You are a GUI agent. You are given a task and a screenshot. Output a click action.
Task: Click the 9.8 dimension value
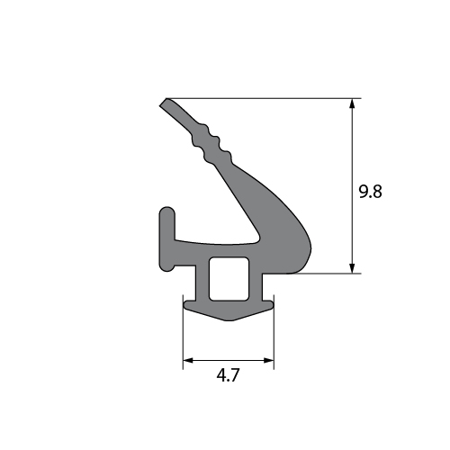point(371,192)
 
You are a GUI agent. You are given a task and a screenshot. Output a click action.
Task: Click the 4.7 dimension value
point(229,375)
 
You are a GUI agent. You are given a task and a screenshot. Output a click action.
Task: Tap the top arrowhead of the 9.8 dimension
point(353,103)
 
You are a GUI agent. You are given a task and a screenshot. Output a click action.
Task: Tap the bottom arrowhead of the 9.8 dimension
point(353,268)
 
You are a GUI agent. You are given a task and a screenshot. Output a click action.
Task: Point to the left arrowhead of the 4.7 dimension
point(188,360)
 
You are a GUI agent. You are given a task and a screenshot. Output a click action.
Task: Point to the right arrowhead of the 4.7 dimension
point(268,360)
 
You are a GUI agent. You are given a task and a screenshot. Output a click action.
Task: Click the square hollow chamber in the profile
point(229,278)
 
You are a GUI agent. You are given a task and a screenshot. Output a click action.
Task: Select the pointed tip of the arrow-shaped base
point(229,320)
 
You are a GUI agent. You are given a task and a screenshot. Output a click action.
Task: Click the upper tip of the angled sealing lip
point(166,100)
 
